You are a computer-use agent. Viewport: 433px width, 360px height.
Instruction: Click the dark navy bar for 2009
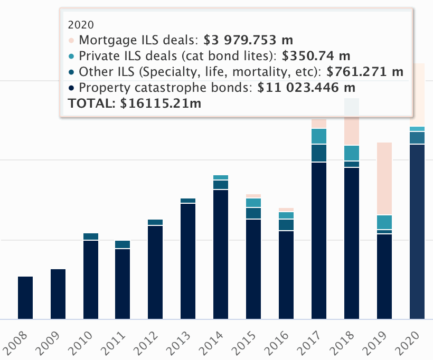(x=58, y=294)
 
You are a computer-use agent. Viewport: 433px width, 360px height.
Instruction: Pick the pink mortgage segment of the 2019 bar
(x=384, y=178)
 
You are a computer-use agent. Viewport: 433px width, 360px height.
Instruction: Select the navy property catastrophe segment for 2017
(x=319, y=241)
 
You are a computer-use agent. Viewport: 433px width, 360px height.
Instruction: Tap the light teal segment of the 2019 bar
(x=384, y=222)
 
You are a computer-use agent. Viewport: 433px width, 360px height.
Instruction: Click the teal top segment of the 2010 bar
(x=91, y=236)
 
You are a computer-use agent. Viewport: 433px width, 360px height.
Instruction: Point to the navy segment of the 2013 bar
(x=189, y=261)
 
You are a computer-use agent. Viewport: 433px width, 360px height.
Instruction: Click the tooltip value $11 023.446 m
(x=306, y=87)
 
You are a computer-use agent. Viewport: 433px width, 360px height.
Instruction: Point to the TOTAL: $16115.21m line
(x=134, y=103)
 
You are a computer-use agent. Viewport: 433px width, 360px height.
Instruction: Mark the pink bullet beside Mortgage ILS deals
(x=71, y=40)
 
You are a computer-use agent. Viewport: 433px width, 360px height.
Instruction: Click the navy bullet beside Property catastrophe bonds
(x=71, y=88)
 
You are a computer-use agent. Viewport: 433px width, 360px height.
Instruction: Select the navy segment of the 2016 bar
(x=286, y=275)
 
